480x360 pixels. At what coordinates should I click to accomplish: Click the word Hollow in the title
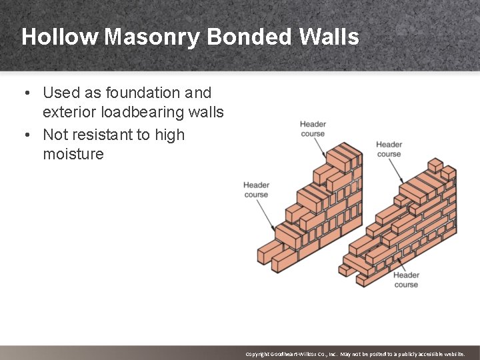point(59,37)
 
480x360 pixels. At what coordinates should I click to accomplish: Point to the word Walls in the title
point(329,37)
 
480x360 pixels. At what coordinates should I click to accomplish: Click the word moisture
point(73,154)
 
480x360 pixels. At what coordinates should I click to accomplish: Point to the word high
point(169,135)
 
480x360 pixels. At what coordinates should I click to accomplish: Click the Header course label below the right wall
point(406,279)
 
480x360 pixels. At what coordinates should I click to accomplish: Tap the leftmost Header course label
point(256,189)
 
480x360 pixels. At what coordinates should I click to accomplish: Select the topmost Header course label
point(313,129)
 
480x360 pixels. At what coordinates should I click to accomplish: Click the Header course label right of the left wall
point(389,149)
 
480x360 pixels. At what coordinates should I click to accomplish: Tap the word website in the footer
point(451,354)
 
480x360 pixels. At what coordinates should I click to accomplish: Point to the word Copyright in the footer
point(257,354)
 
